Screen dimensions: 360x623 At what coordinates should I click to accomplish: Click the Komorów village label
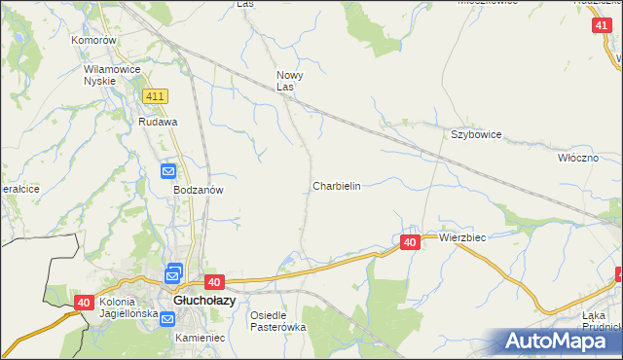point(94,41)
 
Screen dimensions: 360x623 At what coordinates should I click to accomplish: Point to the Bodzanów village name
point(200,191)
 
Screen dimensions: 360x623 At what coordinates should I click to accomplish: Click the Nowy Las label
point(290,81)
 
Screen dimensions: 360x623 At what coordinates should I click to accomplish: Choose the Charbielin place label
point(337,185)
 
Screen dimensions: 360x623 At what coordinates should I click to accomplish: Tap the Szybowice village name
point(475,134)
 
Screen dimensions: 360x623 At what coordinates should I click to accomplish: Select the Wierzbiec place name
point(462,237)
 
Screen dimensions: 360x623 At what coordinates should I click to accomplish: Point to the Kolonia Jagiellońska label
point(128,307)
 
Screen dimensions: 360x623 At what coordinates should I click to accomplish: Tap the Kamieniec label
point(201,338)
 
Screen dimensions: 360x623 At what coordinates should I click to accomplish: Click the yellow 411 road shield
point(155,96)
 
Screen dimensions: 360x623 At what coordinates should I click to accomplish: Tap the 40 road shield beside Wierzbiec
point(410,242)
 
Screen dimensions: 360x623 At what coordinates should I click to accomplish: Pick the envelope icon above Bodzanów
point(168,172)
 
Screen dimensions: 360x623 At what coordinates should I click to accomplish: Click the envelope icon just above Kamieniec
point(167,319)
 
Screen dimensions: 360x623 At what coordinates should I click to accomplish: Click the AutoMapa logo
point(556,341)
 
